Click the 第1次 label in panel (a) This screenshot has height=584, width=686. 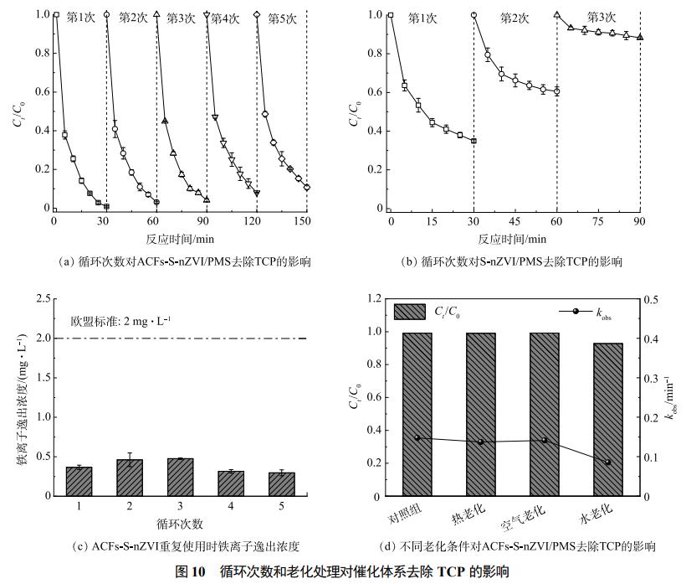79,17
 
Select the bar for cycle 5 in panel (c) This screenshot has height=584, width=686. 282,484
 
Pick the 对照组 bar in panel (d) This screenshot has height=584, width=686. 417,415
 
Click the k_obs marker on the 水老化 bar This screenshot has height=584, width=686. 608,462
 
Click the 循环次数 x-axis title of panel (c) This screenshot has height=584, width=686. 180,525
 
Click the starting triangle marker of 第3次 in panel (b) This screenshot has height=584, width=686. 557,14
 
